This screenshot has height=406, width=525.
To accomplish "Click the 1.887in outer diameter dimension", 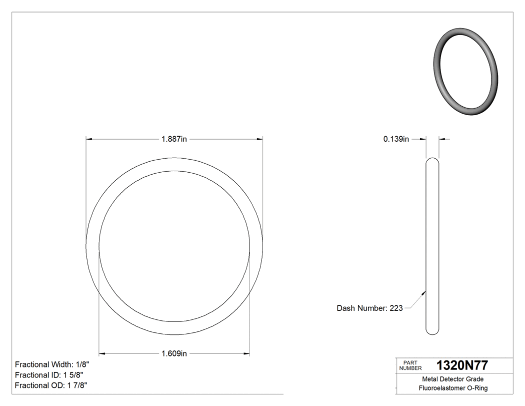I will tap(174, 139).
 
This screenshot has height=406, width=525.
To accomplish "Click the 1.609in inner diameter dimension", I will tap(174, 354).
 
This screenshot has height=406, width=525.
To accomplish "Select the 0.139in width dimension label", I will tap(396, 139).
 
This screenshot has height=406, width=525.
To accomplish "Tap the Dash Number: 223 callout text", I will tap(369, 308).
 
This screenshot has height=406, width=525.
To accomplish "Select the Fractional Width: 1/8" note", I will tap(52, 364).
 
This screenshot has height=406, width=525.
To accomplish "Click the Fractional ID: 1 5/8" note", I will tap(49, 375).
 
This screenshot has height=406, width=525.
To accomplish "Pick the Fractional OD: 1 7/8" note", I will tap(51, 385).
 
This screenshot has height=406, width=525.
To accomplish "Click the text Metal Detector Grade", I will tap(453, 379).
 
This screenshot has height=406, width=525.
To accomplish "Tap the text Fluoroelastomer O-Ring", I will tap(453, 388).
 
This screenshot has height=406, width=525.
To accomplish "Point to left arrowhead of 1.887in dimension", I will tap(89, 139).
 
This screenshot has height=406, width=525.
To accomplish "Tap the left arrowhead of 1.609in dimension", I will tap(102, 354).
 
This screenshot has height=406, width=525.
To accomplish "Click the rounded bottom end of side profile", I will tap(432, 331).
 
